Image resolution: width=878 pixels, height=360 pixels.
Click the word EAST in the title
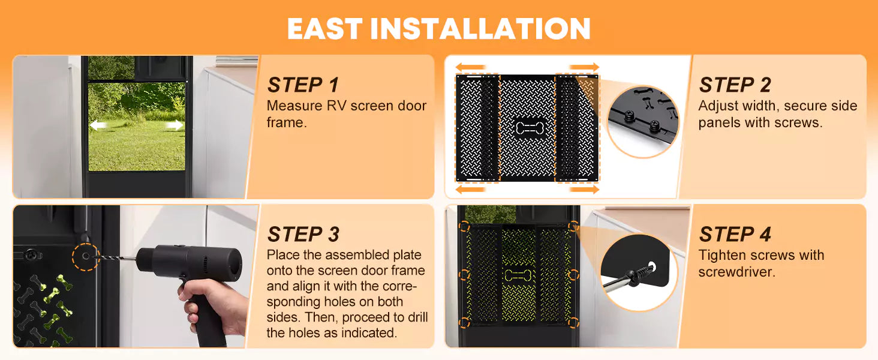point(324,29)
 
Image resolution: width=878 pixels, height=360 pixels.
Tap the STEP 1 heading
point(303,85)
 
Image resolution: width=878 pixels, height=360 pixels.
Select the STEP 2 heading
point(735,85)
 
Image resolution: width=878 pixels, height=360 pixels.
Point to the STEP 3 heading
point(303,235)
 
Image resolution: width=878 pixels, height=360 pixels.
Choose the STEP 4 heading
point(735,235)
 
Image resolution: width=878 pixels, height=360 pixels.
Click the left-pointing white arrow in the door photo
point(98,125)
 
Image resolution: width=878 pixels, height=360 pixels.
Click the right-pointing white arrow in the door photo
point(175,125)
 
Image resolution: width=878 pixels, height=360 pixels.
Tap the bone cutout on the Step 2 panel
point(529,128)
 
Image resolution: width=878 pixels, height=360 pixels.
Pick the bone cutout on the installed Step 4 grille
point(518,275)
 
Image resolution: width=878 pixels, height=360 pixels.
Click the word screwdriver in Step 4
point(736,272)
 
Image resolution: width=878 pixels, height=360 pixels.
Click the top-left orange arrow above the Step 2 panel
point(470,67)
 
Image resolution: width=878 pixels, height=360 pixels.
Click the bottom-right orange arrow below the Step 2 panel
point(584,190)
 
